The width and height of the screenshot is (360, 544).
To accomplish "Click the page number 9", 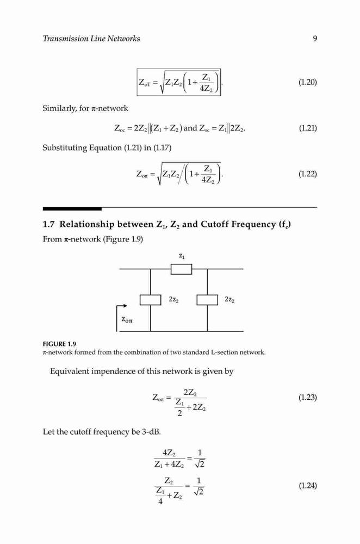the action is click(315, 39).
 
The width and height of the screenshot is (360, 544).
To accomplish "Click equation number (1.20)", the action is click(308, 82).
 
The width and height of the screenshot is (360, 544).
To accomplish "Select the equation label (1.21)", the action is click(308, 128).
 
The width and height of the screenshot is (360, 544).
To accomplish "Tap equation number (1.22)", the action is click(308, 174).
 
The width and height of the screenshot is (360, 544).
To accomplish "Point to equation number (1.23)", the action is click(308, 397).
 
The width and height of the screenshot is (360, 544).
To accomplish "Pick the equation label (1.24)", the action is click(308, 485).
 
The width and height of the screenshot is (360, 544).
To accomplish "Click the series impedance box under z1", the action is click(182, 269).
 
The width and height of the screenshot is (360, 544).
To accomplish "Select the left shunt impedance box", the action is click(150, 300).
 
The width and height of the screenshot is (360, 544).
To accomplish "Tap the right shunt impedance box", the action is click(207, 300).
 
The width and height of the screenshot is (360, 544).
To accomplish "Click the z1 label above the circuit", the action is click(182, 256).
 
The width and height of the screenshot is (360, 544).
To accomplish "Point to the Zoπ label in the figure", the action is click(127, 319).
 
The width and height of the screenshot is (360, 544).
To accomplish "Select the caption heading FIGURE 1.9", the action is click(59, 344).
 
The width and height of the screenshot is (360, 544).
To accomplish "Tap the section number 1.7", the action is click(48, 224).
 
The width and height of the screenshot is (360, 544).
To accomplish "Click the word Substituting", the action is click(65, 148).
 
